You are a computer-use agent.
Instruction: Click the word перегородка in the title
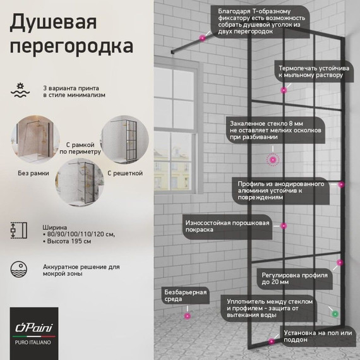(x=71, y=47)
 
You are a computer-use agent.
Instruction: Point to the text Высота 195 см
(x=71, y=242)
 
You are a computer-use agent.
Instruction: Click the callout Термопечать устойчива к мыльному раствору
(x=311, y=71)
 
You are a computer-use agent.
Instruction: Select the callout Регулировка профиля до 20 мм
(x=296, y=280)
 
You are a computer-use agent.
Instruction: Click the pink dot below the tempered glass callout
(x=273, y=160)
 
